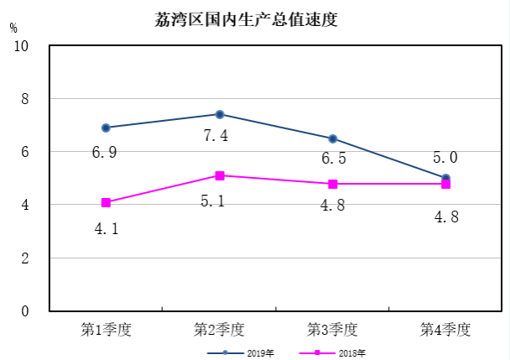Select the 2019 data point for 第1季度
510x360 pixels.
(106, 128)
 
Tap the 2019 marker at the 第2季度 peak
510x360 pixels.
(219, 114)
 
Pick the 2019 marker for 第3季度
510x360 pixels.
(333, 138)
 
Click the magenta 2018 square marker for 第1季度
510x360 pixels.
(106, 202)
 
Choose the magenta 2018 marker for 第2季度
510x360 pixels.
(219, 175)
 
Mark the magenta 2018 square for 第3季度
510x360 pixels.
(333, 184)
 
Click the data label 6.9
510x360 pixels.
(105, 153)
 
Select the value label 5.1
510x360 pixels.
(216, 201)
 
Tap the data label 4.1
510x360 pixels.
(105, 227)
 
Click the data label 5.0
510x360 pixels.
(445, 157)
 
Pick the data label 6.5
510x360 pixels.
(334, 158)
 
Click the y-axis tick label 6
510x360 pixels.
(25, 152)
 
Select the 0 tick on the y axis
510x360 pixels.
(25, 311)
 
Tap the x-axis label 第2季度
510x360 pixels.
(219, 330)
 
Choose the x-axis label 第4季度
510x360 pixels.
(445, 330)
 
